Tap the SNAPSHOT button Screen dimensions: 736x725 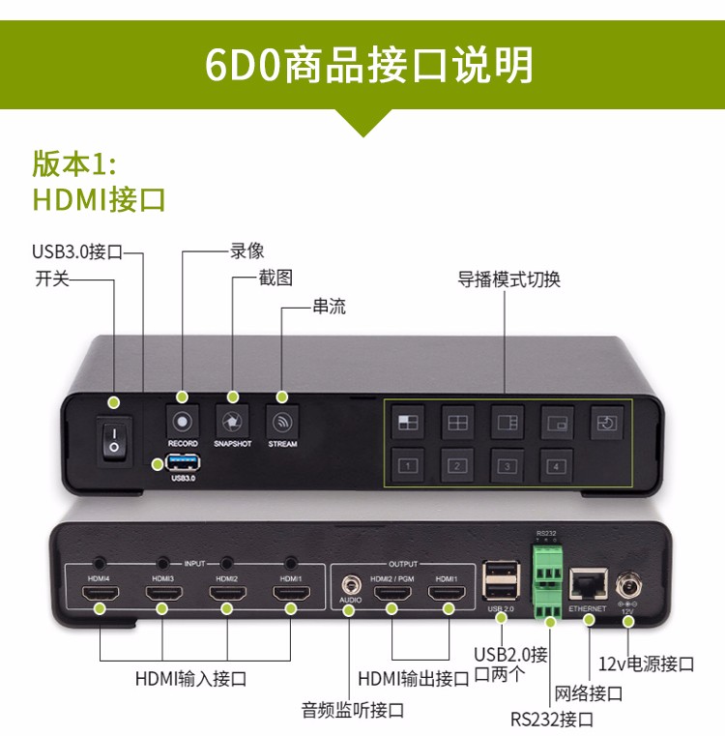(x=232, y=422)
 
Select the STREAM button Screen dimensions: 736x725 (x=282, y=422)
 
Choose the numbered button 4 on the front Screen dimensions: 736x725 (x=554, y=465)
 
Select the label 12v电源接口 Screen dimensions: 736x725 (x=647, y=663)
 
